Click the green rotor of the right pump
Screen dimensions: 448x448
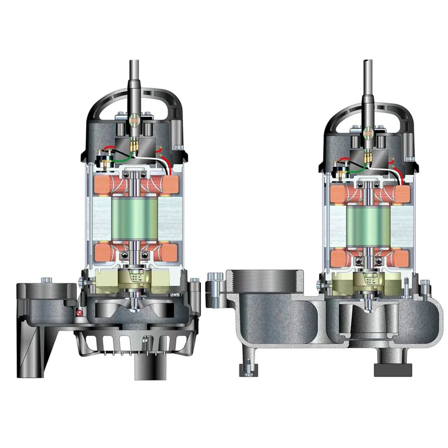tap(368, 224)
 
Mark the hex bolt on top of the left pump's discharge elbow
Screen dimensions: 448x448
tap(46, 280)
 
